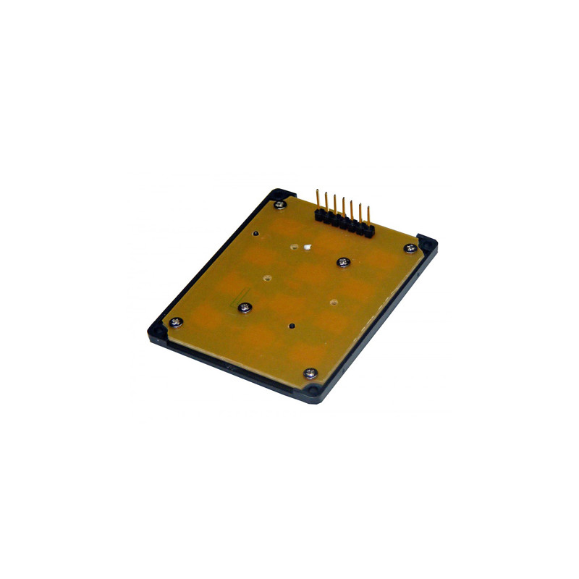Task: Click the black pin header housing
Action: point(342,222)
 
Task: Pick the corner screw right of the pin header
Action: point(411,248)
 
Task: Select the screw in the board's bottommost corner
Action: point(310,373)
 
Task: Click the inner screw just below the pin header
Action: point(343,261)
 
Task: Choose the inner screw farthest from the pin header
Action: point(245,308)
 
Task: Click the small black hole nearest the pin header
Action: point(256,234)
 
